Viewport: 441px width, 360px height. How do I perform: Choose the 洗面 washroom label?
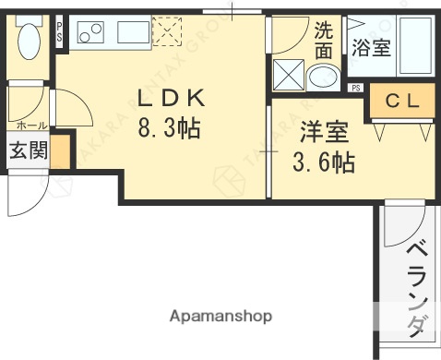click(x=324, y=37)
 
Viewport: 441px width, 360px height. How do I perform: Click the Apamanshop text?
click(x=220, y=316)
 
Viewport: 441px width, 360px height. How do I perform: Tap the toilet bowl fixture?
click(x=29, y=41)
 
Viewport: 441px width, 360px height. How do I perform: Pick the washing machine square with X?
click(x=289, y=73)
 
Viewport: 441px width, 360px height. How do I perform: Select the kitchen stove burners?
click(x=90, y=35)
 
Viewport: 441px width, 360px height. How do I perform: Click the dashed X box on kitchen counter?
click(x=167, y=34)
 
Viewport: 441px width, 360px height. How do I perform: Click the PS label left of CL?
click(x=356, y=88)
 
